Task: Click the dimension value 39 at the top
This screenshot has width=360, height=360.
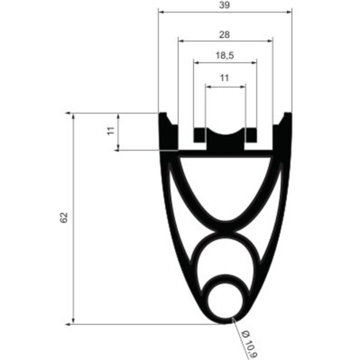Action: click(224, 5)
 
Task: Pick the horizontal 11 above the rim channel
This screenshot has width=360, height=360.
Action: click(224, 78)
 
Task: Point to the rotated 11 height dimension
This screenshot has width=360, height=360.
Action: click(110, 132)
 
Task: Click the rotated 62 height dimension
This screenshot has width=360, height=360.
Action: click(64, 218)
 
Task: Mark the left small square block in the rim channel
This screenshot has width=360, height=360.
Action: click(199, 136)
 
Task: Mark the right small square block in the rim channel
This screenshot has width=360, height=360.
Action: click(251, 136)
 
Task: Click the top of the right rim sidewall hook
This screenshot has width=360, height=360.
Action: click(287, 114)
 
